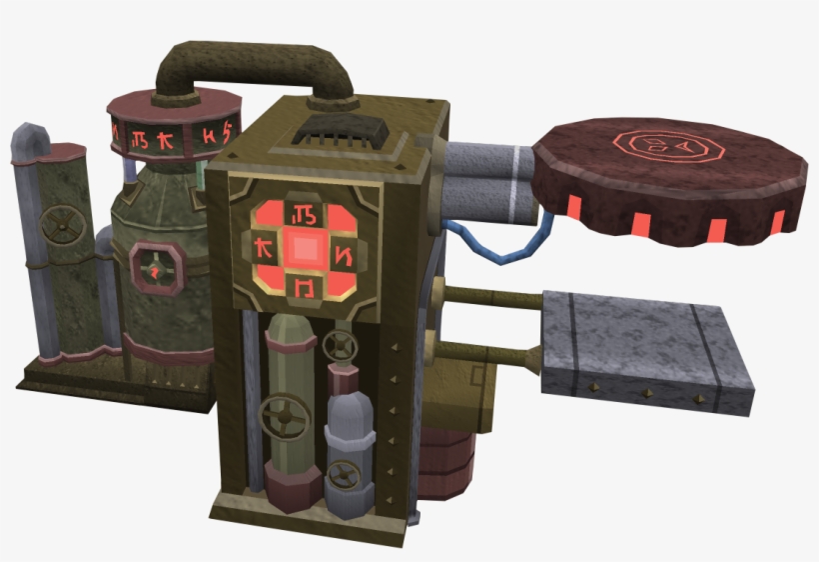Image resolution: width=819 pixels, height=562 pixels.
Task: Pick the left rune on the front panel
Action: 264,247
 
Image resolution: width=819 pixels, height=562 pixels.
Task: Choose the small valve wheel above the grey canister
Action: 342,347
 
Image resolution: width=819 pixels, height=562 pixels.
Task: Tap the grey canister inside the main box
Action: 349,445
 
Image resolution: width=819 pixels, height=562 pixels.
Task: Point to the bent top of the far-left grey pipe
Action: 30,139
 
